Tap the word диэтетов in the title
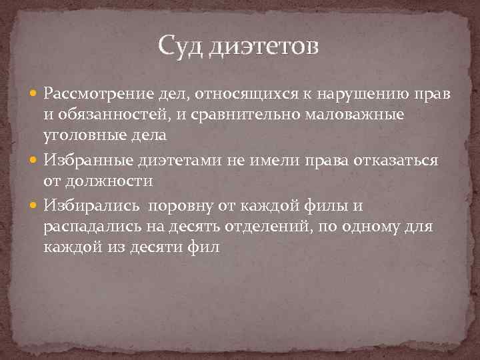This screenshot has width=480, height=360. [265, 47]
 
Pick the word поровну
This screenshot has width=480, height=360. [187, 206]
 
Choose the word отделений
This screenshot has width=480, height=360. [265, 227]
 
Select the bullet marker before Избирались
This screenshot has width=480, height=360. [35, 207]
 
